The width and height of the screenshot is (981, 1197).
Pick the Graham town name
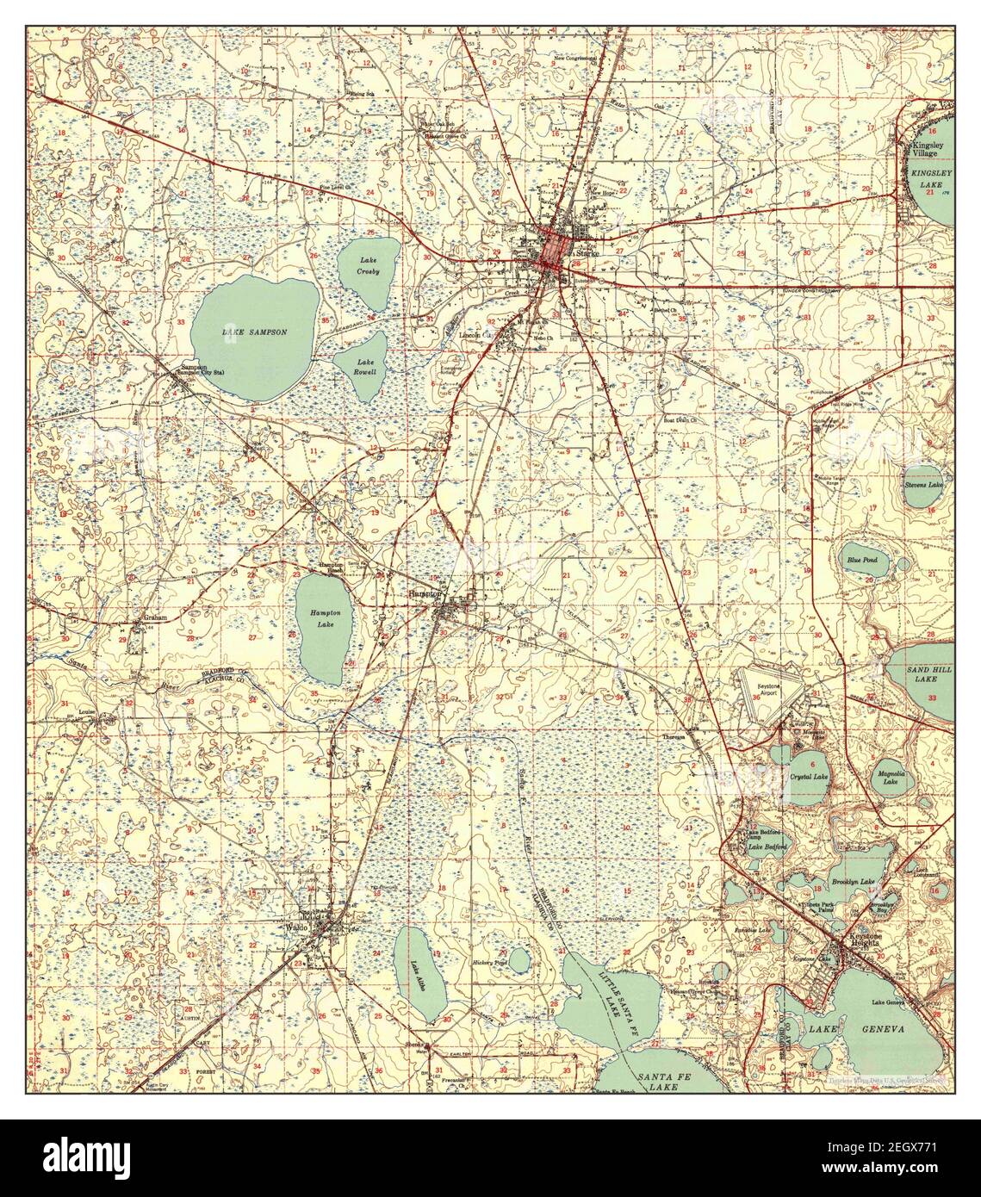click(x=154, y=617)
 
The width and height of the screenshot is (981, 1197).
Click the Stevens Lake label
click(x=923, y=485)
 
